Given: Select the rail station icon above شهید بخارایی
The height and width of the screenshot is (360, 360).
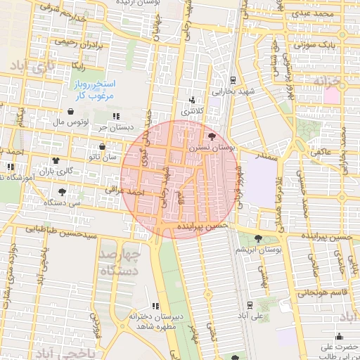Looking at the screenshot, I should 233,79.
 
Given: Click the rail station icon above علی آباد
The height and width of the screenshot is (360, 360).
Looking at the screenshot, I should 250,304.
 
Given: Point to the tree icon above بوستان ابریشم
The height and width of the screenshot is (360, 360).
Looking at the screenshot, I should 259,238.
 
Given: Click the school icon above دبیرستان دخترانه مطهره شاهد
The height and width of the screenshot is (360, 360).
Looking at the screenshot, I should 155,306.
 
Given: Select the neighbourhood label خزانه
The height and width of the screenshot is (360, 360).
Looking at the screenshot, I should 330,82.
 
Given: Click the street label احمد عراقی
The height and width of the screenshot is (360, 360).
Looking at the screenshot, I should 124,190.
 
